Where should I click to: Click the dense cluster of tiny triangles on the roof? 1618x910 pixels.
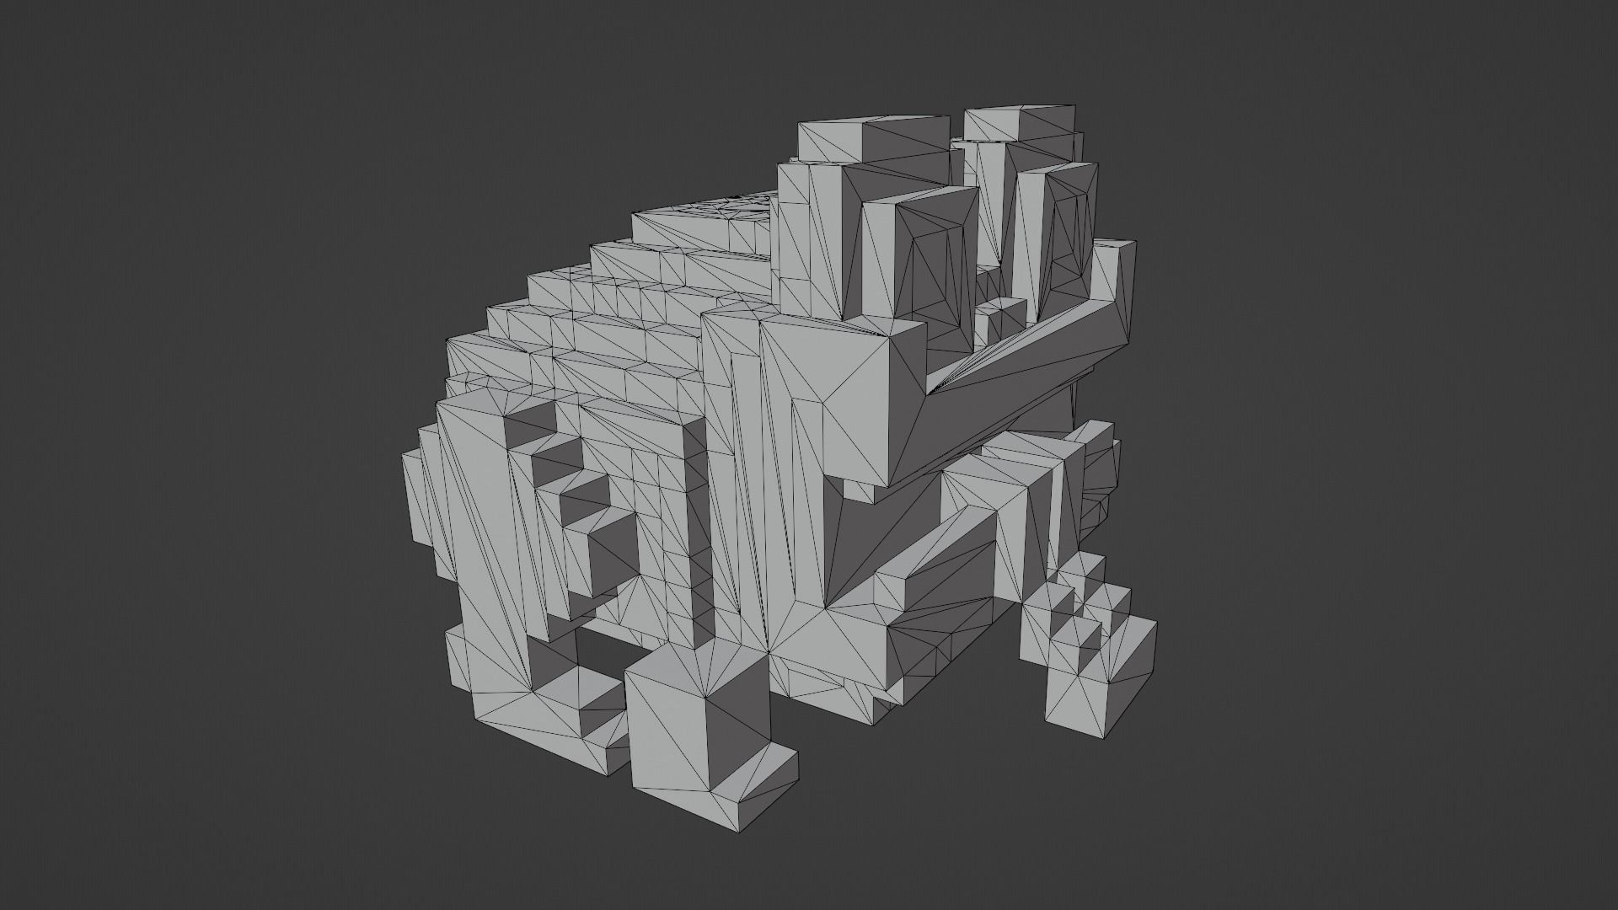[x=742, y=202]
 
